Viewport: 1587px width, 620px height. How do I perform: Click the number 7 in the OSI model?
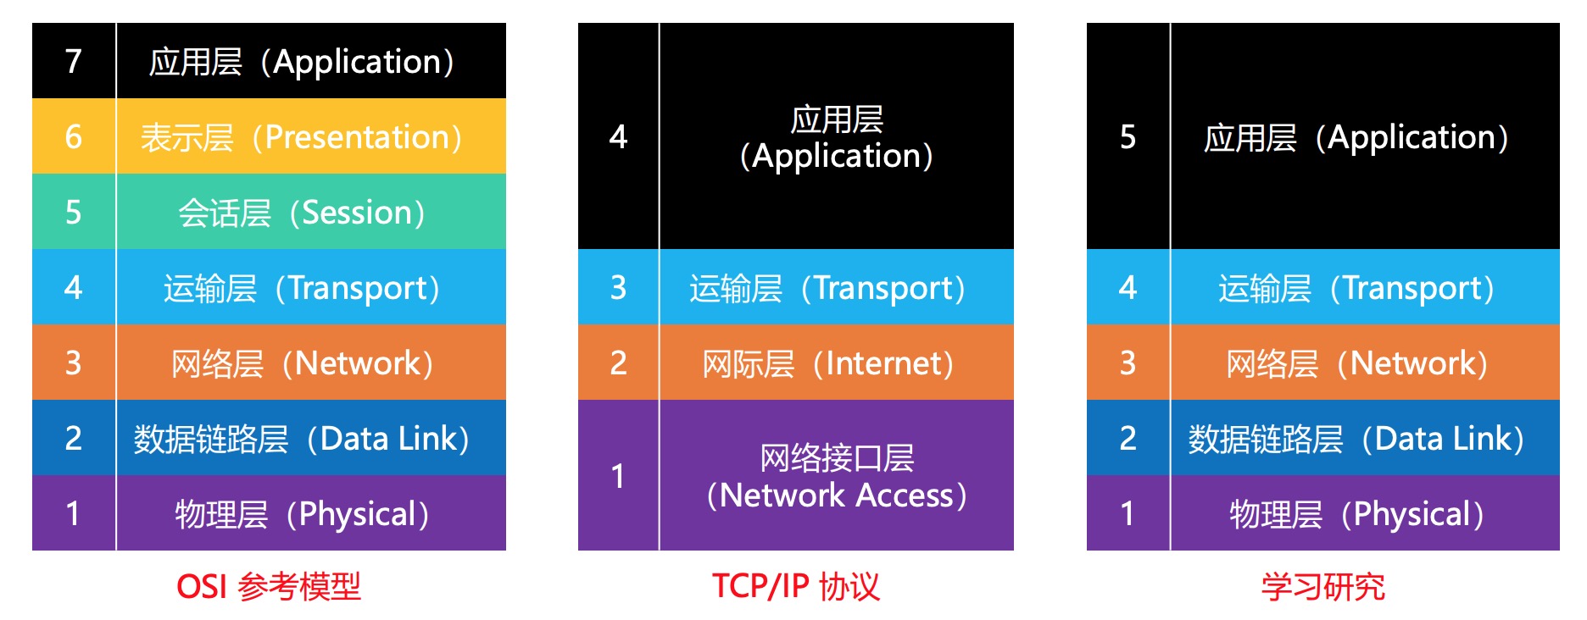[74, 61]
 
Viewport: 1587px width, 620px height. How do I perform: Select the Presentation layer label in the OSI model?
[302, 137]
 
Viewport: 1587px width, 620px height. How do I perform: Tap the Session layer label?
[302, 213]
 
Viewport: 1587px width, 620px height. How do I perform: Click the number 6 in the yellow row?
[74, 136]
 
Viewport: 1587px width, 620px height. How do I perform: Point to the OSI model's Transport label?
[302, 288]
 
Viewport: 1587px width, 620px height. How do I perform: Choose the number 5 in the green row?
[74, 212]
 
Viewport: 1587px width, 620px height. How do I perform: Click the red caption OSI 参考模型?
[268, 586]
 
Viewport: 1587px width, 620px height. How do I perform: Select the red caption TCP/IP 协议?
[795, 586]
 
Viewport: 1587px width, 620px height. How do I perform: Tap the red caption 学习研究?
[1322, 586]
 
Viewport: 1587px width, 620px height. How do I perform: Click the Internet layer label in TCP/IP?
[828, 363]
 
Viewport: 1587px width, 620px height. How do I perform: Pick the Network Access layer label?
[837, 476]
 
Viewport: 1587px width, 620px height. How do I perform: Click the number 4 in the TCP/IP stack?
[618, 136]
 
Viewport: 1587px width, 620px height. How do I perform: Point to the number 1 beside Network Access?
[618, 476]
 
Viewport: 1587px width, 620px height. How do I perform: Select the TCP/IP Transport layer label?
[828, 288]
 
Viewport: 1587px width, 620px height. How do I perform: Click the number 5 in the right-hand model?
[1128, 136]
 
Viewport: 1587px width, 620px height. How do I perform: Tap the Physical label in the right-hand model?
[1356, 514]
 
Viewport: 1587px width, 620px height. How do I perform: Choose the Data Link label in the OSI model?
[302, 439]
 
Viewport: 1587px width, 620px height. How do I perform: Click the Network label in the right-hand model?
[1356, 363]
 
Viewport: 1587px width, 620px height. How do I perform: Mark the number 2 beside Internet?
[618, 363]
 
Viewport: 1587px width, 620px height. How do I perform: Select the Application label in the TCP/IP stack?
[837, 137]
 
